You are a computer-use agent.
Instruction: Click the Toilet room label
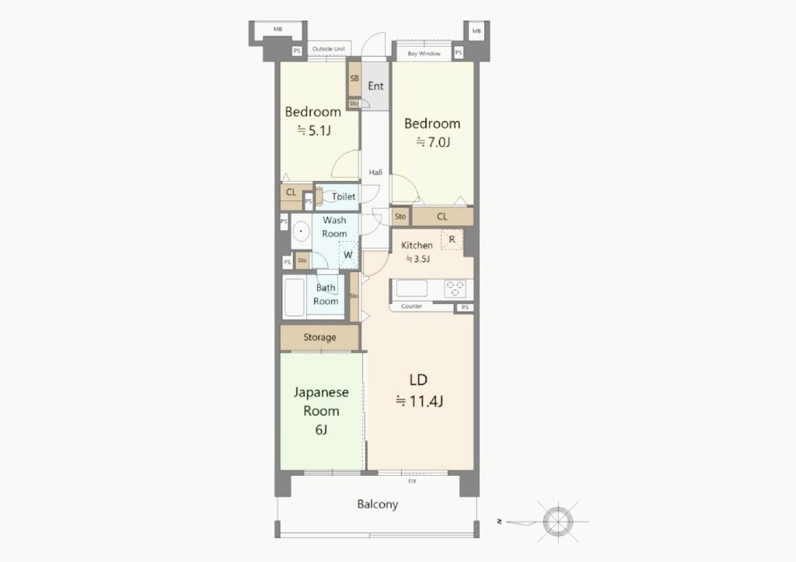(x=344, y=197)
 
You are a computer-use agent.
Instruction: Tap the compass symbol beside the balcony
(x=558, y=521)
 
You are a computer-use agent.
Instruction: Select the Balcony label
(x=377, y=504)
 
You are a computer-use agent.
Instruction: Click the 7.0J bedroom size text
(x=433, y=142)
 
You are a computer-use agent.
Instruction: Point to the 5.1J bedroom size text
(x=314, y=131)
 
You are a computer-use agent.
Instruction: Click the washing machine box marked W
(x=348, y=254)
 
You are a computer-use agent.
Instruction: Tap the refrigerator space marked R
(x=452, y=239)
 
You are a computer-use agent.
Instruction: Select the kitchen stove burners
(x=455, y=288)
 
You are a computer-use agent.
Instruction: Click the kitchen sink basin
(x=412, y=288)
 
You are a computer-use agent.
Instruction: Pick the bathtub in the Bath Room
(x=295, y=297)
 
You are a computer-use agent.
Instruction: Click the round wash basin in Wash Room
(x=301, y=232)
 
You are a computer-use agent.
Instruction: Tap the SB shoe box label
(x=354, y=79)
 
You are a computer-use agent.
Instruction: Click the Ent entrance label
(x=375, y=86)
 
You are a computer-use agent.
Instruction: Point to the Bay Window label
(x=424, y=54)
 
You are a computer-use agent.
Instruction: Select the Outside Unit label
(x=329, y=49)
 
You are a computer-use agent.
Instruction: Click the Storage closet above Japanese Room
(x=319, y=337)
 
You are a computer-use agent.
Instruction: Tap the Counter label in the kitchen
(x=411, y=306)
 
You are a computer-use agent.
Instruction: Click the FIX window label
(x=412, y=481)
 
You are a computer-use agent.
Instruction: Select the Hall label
(x=375, y=172)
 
